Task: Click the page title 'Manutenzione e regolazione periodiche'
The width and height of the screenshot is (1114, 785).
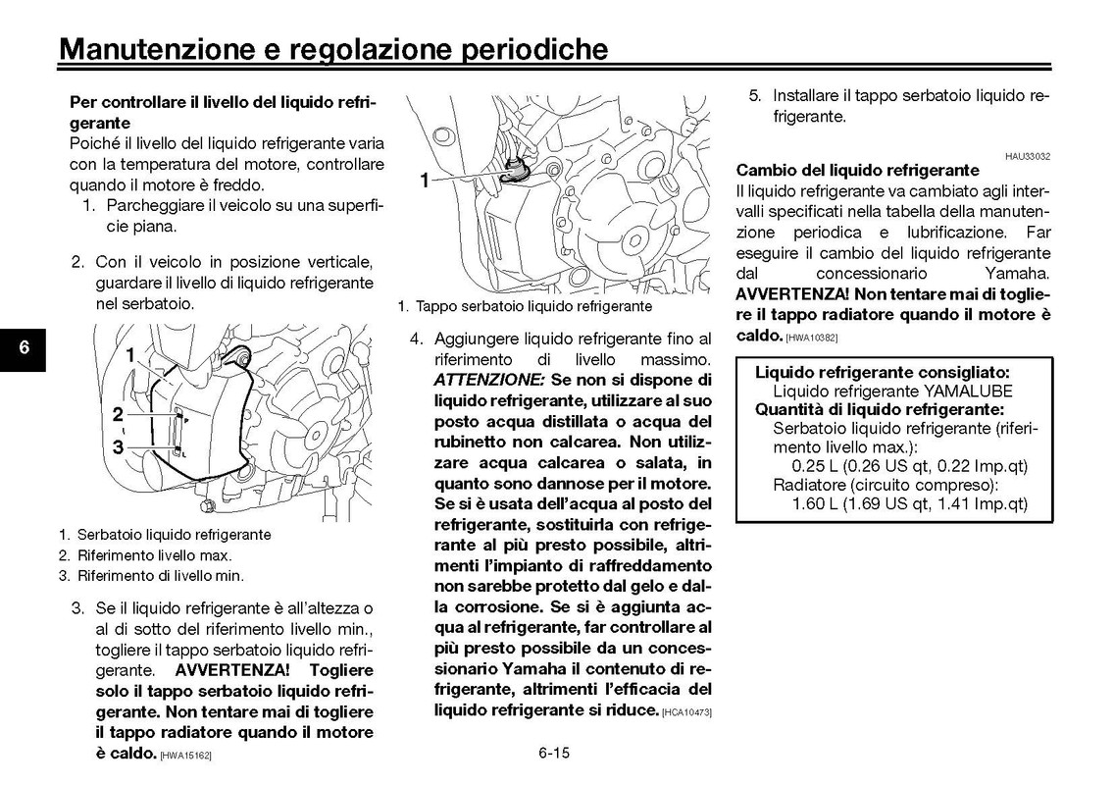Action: point(333,49)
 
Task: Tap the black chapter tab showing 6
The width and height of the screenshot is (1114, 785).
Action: point(24,348)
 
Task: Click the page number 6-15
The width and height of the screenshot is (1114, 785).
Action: point(554,754)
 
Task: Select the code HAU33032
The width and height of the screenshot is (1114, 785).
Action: point(1028,156)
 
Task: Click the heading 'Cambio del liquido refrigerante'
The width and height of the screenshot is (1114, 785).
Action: point(857,170)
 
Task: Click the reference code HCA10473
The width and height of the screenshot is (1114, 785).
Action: point(686,711)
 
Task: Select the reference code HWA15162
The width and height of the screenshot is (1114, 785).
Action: point(186,755)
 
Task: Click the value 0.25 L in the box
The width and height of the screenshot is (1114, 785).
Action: point(822,465)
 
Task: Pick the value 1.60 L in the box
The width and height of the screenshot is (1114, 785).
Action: point(822,504)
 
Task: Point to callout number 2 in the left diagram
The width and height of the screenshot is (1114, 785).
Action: point(117,414)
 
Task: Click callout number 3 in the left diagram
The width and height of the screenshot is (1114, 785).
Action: point(117,447)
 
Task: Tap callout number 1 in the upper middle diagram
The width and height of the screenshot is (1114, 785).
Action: point(425,180)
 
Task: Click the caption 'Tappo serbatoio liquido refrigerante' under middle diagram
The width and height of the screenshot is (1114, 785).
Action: point(532,306)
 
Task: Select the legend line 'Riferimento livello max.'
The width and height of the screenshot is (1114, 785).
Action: point(154,555)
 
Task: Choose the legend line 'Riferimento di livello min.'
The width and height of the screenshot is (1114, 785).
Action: point(160,576)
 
